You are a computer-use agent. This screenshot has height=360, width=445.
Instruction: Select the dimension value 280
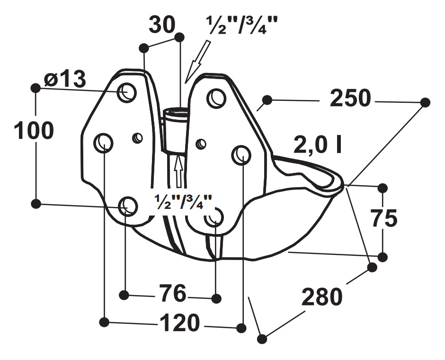click(321, 297)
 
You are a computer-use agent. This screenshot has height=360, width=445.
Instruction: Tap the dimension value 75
click(383, 218)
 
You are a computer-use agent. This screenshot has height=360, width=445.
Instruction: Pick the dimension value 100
click(33, 131)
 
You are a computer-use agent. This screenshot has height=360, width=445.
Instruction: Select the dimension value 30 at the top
click(162, 25)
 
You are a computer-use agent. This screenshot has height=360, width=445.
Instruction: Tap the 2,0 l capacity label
click(318, 146)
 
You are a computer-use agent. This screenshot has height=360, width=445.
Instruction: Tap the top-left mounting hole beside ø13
click(127, 91)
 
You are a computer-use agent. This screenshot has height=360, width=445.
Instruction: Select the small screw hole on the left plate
click(138, 138)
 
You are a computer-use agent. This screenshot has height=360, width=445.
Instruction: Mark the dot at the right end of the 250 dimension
click(425, 102)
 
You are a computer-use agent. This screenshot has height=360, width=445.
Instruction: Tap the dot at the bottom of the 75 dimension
click(383, 257)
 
